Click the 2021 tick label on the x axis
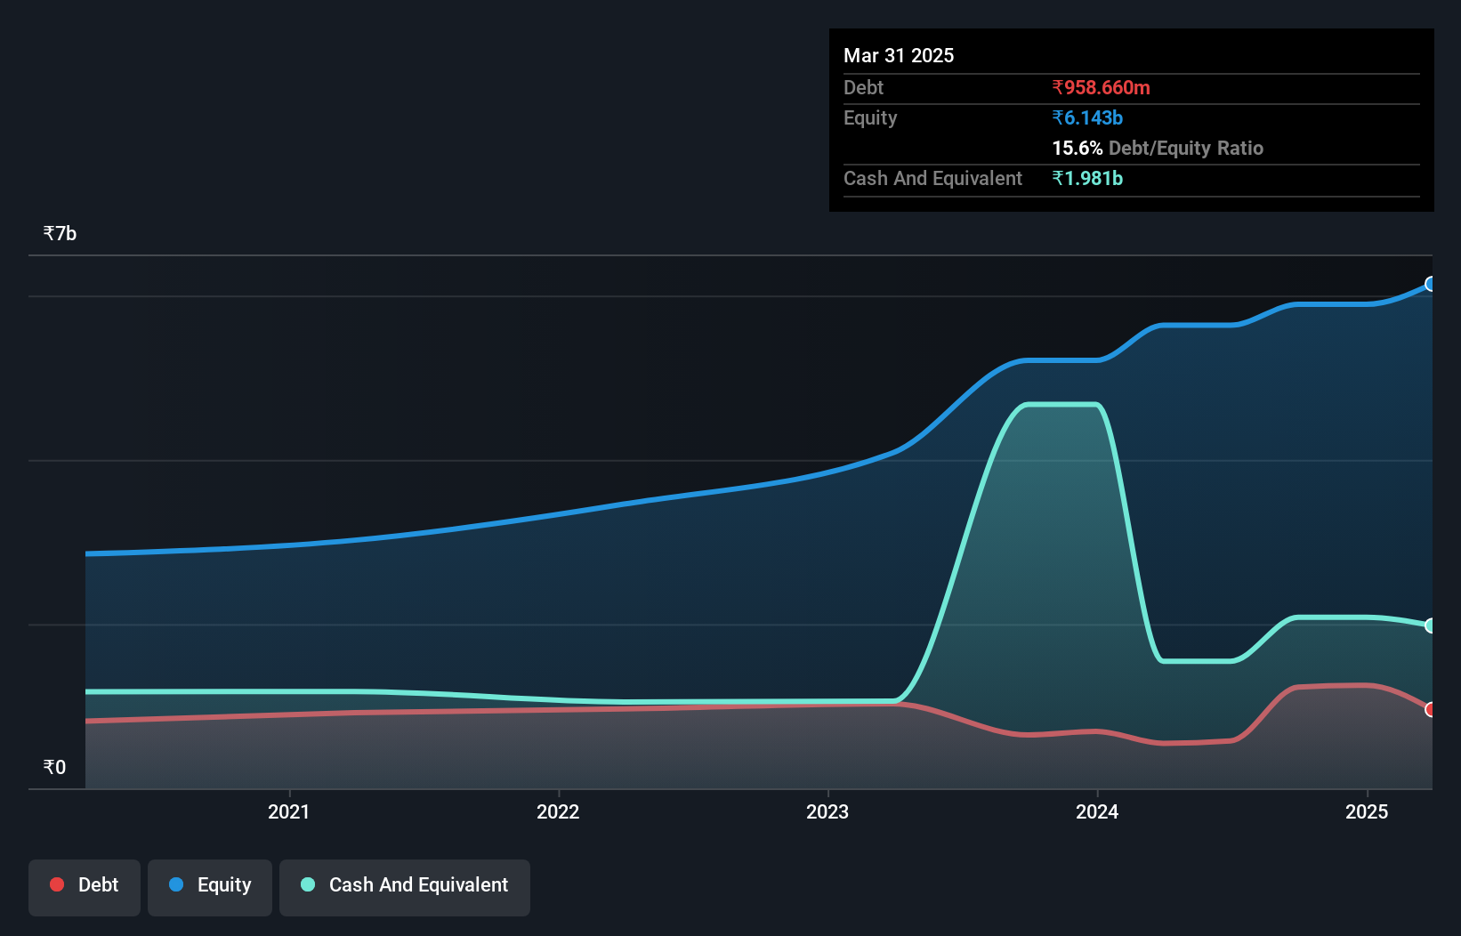(x=288, y=811)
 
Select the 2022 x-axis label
(x=558, y=811)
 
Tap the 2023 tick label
(x=827, y=811)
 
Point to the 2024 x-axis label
(x=1097, y=811)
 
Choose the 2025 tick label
(x=1367, y=811)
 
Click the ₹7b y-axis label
(x=60, y=234)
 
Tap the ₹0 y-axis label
(x=54, y=767)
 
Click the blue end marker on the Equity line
(x=1430, y=284)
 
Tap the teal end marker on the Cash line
(x=1430, y=625)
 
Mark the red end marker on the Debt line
(x=1430, y=709)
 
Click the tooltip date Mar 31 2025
(x=899, y=55)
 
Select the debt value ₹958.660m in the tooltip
(x=1101, y=87)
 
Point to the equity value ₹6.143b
(x=1087, y=117)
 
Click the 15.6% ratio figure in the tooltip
(x=1077, y=148)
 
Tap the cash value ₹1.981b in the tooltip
(x=1087, y=178)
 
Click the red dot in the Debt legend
(x=57, y=884)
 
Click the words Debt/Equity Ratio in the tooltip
(x=1186, y=148)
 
